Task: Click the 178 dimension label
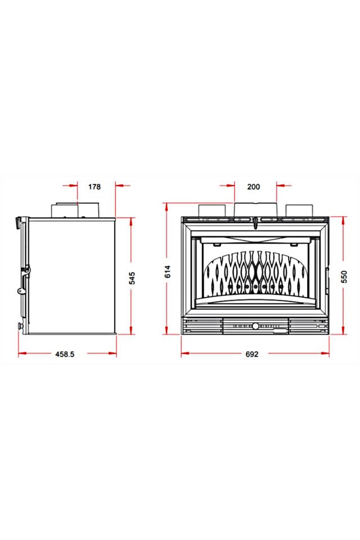94,187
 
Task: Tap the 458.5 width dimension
65,354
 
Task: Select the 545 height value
132,278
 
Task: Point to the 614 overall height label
167,272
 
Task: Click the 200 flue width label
254,187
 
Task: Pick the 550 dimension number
344,276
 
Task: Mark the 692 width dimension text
252,354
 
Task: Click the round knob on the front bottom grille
255,326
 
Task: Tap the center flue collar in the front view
255,209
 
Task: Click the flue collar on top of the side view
76,210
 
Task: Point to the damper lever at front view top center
255,222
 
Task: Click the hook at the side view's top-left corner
18,220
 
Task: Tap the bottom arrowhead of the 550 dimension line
344,331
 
